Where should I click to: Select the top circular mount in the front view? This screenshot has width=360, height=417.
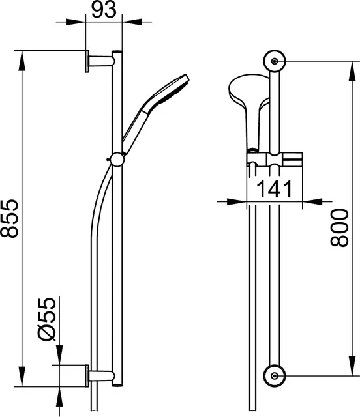click(x=275, y=61)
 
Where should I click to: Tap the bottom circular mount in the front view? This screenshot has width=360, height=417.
click(x=275, y=375)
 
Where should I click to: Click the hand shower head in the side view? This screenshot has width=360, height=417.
click(x=174, y=89)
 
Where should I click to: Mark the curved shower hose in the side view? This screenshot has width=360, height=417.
click(x=95, y=215)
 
